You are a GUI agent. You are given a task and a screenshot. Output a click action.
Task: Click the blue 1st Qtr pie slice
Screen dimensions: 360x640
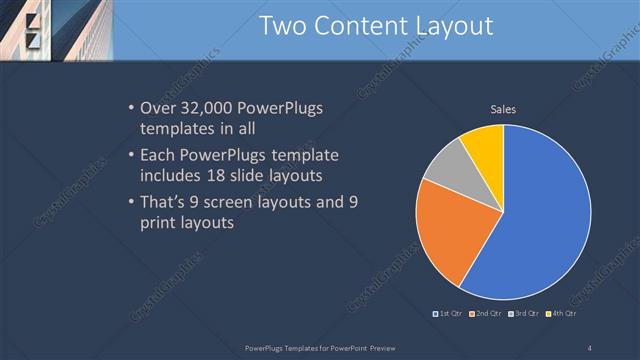(x=540, y=220)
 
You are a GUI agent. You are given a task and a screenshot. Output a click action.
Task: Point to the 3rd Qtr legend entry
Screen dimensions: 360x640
(x=523, y=314)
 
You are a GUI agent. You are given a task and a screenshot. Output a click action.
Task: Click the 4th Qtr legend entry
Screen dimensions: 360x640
(x=562, y=314)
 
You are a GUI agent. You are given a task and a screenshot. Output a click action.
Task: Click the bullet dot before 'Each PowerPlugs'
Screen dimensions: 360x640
(x=132, y=156)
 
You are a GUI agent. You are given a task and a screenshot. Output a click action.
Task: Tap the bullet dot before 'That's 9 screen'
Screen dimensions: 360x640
(x=132, y=202)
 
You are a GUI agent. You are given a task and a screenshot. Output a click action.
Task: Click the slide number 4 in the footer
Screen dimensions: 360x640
(x=590, y=347)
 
